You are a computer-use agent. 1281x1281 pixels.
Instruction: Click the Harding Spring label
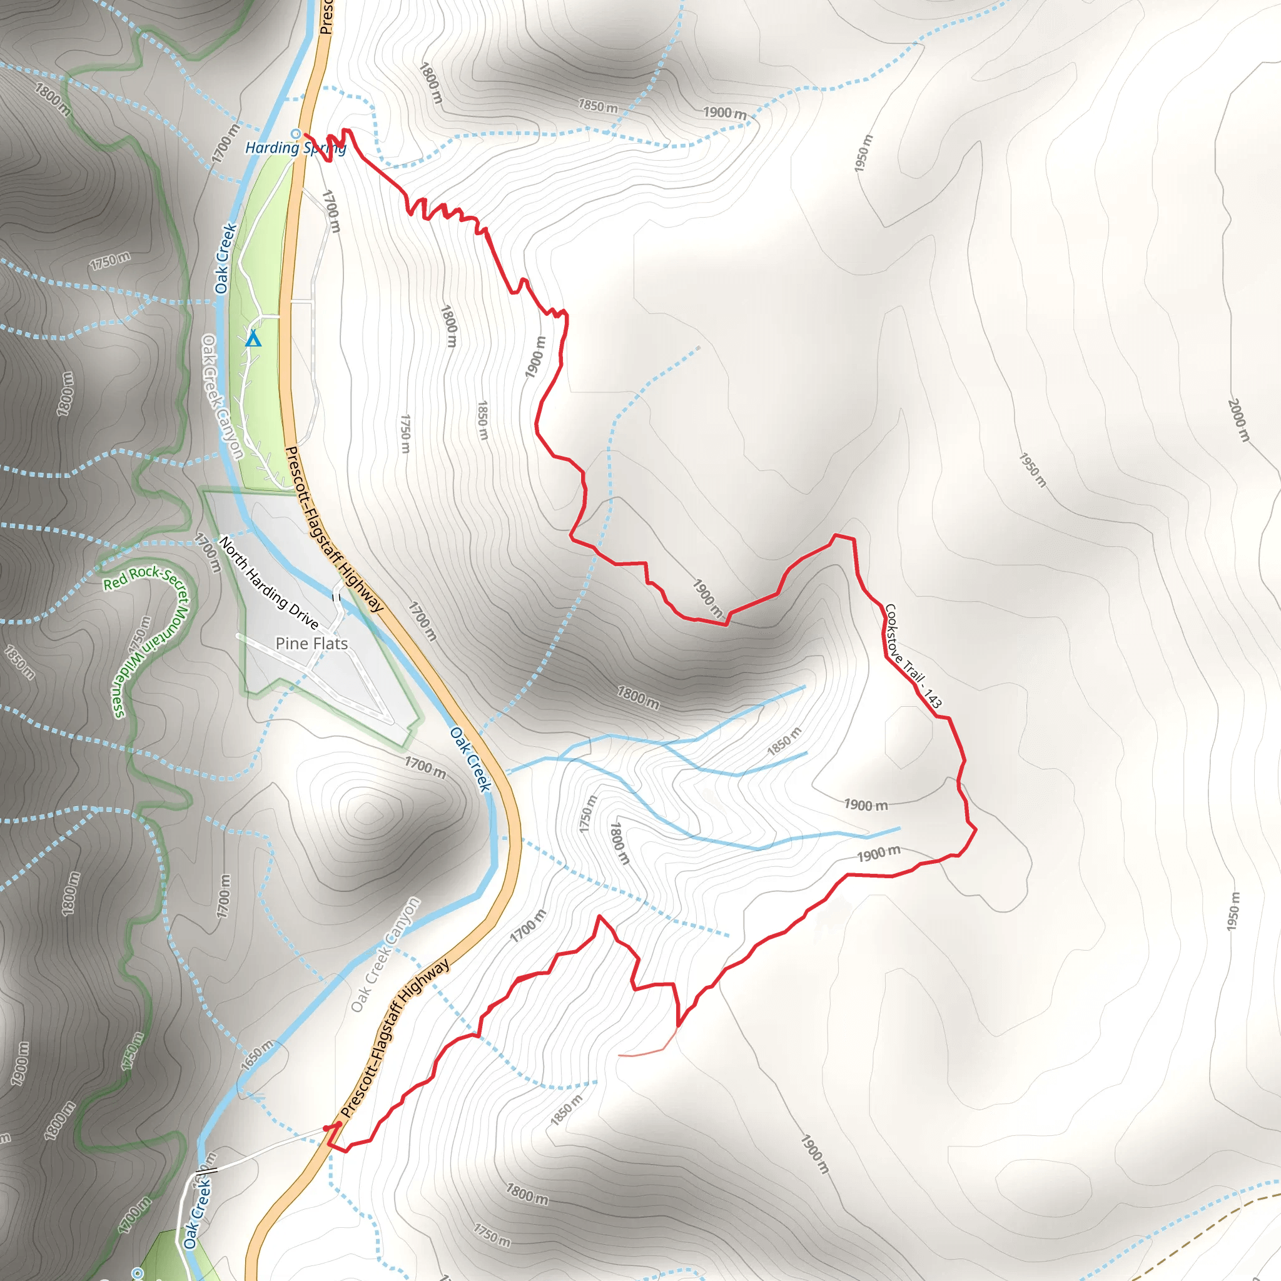[295, 148]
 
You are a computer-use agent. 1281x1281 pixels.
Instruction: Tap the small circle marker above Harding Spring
[296, 133]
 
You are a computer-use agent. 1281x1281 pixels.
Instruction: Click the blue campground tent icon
[253, 340]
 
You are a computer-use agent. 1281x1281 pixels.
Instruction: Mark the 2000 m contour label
[1238, 420]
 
